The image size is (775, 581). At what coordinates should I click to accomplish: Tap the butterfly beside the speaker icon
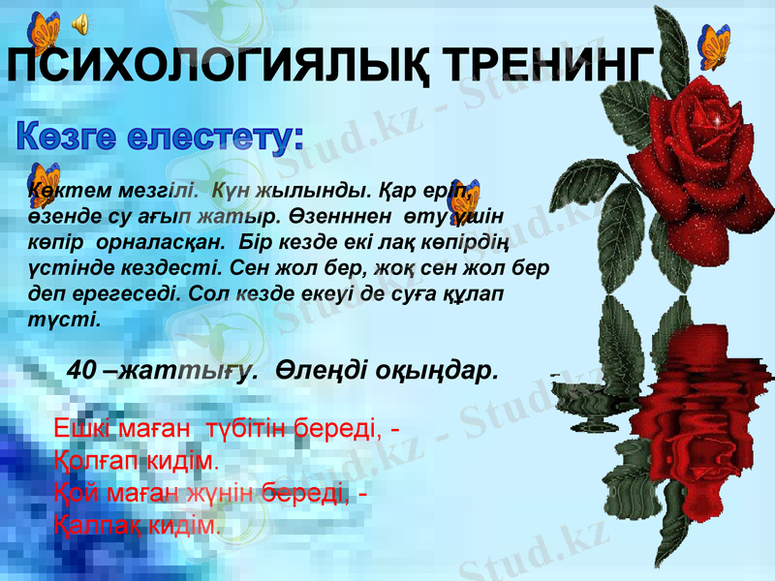[42, 30]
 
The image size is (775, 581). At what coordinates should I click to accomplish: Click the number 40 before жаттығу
[80, 370]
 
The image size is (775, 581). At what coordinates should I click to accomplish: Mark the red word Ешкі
[78, 428]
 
